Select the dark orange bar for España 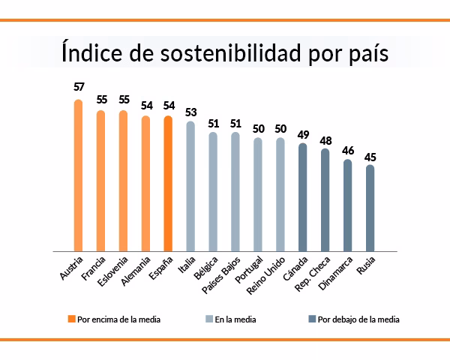point(168,183)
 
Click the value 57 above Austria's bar point(79,86)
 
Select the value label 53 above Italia point(191,112)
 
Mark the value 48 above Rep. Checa point(325,139)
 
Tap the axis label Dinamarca point(337,274)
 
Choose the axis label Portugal point(250,271)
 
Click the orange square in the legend point(71,319)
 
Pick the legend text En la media point(235,319)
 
